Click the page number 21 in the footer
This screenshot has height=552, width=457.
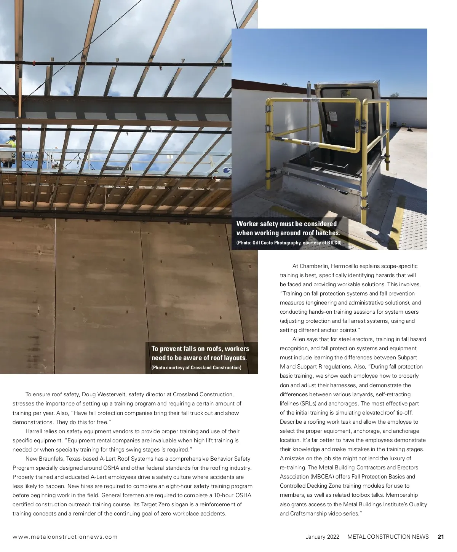pos(441,537)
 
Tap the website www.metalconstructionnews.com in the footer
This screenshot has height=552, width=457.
pos(65,537)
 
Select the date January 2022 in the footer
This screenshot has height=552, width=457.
pos(322,537)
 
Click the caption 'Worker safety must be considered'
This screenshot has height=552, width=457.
pos(286,223)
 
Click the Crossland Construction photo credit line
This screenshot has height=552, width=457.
pos(196,368)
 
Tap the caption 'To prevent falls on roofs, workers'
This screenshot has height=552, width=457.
pos(200,348)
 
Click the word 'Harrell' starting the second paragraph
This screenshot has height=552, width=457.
pos(35,431)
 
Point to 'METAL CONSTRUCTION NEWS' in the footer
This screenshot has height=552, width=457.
pos(388,537)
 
